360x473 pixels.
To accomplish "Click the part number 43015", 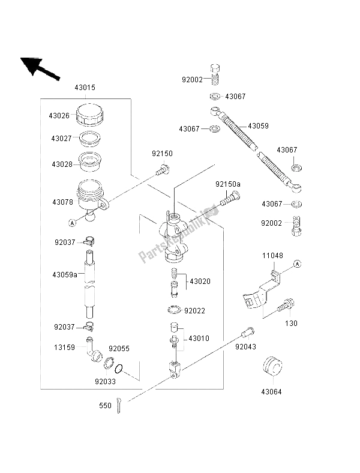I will pyautogui.click(x=85, y=88).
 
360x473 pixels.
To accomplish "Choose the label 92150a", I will pyautogui.click(x=228, y=184).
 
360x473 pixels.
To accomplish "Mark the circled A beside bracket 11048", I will pyautogui.click(x=298, y=264).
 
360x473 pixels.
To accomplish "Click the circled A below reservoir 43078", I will pyautogui.click(x=71, y=223).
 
